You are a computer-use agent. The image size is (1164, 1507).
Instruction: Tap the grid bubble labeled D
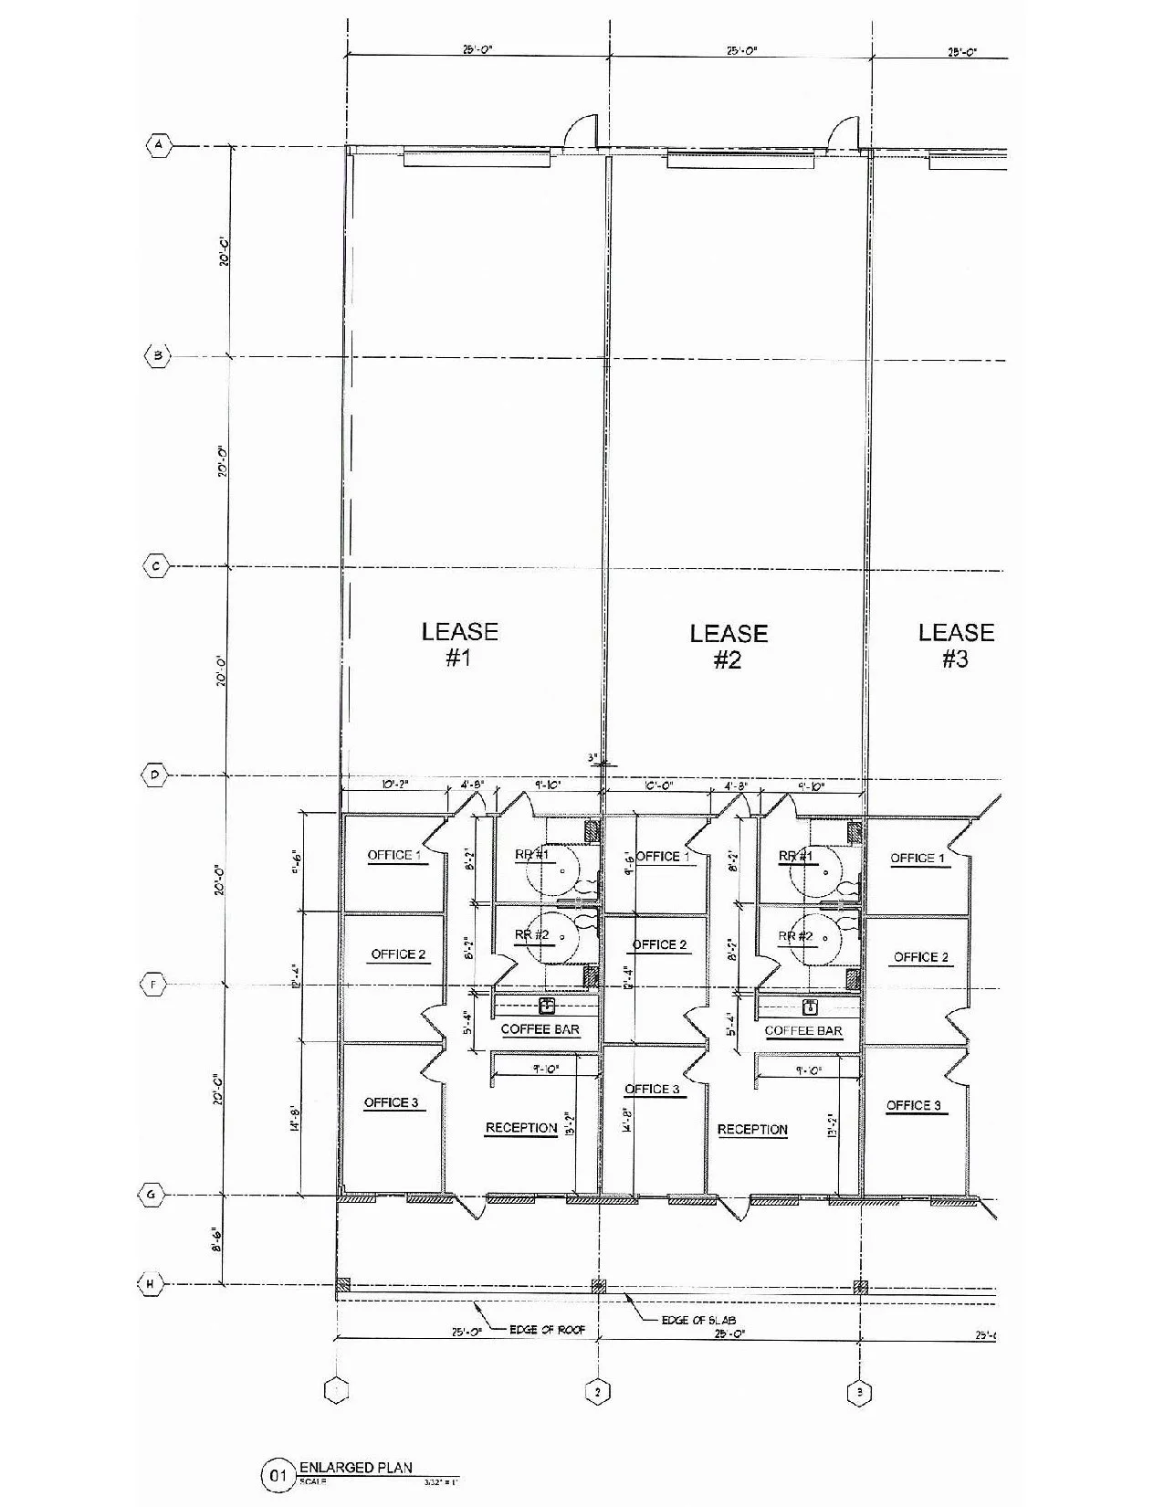coord(155,776)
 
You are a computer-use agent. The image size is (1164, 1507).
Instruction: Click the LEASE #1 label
coord(459,644)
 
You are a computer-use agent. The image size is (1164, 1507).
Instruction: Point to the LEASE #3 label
coord(956,645)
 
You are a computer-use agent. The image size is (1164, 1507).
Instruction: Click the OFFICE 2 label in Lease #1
coord(398,954)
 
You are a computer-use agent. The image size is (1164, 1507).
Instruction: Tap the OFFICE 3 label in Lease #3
coord(913,1105)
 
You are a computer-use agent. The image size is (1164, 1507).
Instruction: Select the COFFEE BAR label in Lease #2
coord(803,1030)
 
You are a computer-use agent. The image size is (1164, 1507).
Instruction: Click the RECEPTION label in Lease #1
coord(520,1128)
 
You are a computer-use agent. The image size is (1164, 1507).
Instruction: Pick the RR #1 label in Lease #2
coord(795,856)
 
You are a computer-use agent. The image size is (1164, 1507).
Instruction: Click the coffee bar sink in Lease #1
coord(546,1006)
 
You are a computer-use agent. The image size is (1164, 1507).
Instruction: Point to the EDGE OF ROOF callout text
coord(548,1330)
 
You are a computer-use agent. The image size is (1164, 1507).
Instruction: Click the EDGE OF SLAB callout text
coord(698,1321)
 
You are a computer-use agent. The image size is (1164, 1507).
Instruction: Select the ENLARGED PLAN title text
coord(355,1468)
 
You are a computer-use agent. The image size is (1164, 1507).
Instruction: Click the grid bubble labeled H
coord(152,1284)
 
